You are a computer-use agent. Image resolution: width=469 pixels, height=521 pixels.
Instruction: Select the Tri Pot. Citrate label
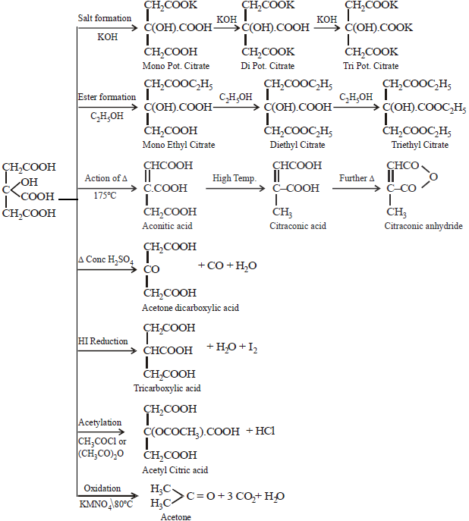coord(371,67)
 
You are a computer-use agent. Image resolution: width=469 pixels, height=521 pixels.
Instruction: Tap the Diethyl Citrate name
coord(297,145)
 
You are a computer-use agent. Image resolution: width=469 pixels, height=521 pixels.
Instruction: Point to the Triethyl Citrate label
coord(420,145)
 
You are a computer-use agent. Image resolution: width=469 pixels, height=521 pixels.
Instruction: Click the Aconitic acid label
coord(168,226)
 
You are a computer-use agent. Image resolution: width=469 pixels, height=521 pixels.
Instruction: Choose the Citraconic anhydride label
coord(423,226)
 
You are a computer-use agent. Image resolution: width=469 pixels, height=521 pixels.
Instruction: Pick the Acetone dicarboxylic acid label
coord(190,307)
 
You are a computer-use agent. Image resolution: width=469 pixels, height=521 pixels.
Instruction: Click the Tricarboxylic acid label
coord(167,388)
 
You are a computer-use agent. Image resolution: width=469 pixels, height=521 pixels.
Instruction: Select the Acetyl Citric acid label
coord(175,469)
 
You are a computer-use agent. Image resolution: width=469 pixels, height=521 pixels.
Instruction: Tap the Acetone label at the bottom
coord(175,516)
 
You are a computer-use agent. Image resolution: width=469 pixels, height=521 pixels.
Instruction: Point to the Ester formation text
coord(107,97)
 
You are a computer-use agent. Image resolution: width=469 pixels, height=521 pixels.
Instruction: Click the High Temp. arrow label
coord(234,178)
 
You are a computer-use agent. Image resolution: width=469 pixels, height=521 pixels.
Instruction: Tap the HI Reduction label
coord(103,341)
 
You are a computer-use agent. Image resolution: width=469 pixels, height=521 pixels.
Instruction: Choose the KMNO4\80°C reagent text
coord(106,503)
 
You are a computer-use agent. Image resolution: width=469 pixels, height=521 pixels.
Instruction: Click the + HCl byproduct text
coord(260,431)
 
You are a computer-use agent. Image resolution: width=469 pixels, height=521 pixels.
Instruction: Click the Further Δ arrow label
coord(357,178)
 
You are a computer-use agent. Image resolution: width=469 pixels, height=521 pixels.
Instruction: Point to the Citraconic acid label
coord(297,226)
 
